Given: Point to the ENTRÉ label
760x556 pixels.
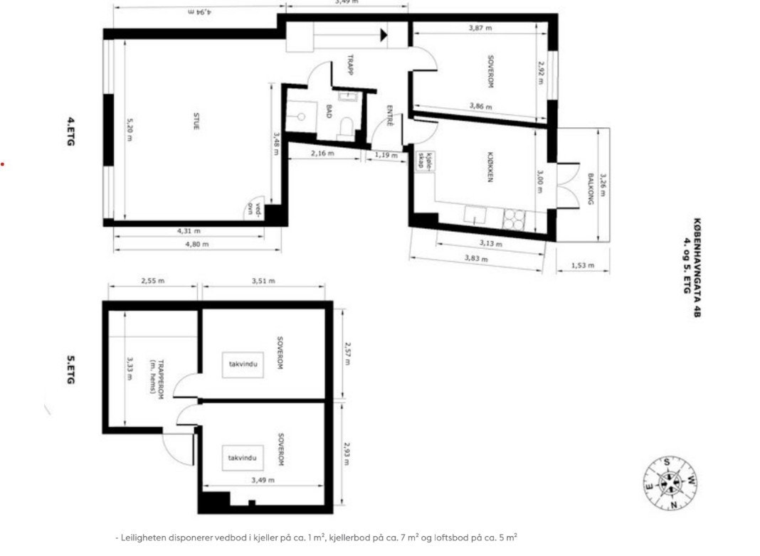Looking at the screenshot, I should click(x=390, y=116).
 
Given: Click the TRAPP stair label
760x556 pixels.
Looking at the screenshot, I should click(x=351, y=65).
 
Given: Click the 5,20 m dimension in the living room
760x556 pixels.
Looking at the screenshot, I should click(x=130, y=129).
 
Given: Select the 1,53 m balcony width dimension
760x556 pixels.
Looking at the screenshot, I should click(x=582, y=267).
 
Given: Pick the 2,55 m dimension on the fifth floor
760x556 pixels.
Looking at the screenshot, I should click(x=152, y=281).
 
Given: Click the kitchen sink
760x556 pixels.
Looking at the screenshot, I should click(x=475, y=214).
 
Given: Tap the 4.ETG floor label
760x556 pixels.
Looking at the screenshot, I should click(x=70, y=132).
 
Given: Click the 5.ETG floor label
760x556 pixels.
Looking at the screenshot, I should click(x=70, y=370).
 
